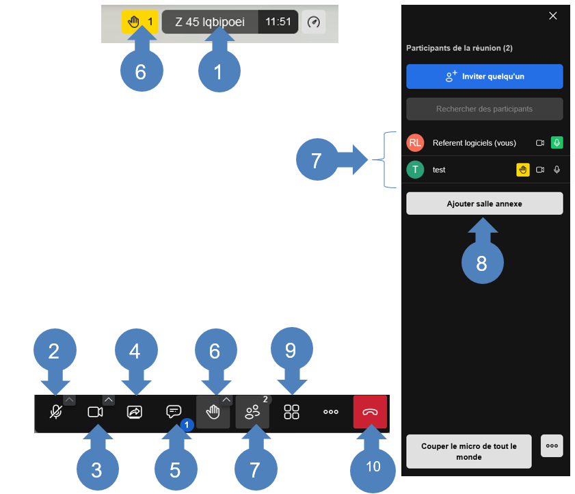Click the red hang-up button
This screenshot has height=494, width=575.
[370, 411]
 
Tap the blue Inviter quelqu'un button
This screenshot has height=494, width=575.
[485, 77]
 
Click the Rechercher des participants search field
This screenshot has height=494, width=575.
[485, 109]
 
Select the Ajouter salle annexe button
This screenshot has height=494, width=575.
[485, 204]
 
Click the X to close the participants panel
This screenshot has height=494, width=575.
[552, 16]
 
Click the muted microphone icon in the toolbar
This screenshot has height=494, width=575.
[56, 412]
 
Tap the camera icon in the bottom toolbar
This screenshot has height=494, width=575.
[95, 412]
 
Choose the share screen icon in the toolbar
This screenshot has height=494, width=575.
[135, 412]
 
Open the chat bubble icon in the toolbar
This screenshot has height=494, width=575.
[174, 411]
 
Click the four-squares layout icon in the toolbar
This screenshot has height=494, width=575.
[291, 412]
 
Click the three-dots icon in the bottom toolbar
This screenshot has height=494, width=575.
[331, 412]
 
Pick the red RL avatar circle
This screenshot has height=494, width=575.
[415, 143]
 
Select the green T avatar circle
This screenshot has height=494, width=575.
[415, 170]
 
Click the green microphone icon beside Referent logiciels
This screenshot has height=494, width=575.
[557, 142]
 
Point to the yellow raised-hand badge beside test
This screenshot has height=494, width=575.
[522, 170]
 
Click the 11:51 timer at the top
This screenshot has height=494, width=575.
[278, 22]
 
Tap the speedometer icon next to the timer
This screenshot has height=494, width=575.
[314, 22]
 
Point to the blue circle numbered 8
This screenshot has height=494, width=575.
[482, 263]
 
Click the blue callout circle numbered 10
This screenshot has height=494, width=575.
[373, 470]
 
